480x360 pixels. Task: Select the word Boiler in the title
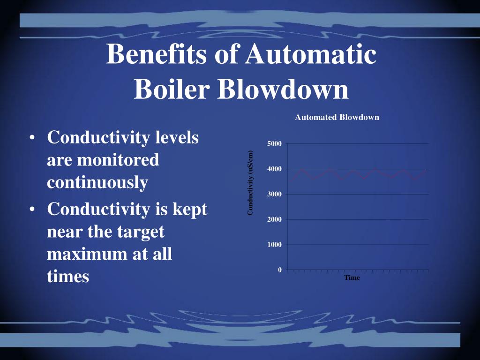(x=172, y=89)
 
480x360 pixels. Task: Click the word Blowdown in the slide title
(x=283, y=89)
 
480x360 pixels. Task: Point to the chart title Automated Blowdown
(x=337, y=117)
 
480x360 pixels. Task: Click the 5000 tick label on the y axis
(x=274, y=143)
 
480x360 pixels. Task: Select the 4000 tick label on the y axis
(x=274, y=169)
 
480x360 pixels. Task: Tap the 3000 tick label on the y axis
(x=274, y=194)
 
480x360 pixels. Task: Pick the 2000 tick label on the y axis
(x=274, y=219)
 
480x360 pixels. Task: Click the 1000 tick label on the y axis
(x=274, y=245)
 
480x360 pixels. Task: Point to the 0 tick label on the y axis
(x=280, y=270)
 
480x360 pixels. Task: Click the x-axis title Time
(x=352, y=277)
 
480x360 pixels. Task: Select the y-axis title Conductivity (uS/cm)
(x=250, y=183)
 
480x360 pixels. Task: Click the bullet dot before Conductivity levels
(x=32, y=139)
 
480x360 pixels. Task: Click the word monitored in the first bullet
(x=118, y=160)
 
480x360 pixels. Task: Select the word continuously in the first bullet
(x=97, y=182)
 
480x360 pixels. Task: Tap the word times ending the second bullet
(x=68, y=276)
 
